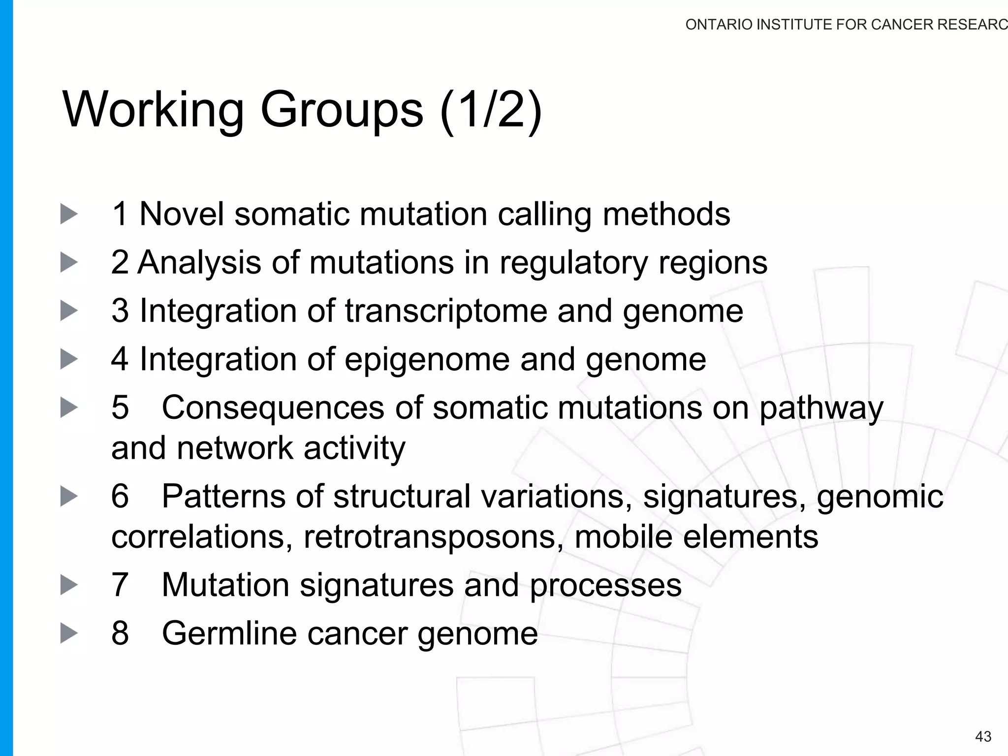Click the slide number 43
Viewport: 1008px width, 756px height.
pyautogui.click(x=983, y=736)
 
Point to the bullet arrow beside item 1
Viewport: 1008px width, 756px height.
pyautogui.click(x=69, y=214)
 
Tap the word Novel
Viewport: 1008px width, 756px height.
pyautogui.click(x=182, y=214)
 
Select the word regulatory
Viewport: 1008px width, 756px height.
pyautogui.click(x=573, y=263)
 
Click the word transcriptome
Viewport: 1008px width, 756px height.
pyautogui.click(x=445, y=311)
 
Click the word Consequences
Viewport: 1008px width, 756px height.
pyautogui.click(x=273, y=408)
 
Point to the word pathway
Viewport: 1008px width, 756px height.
pyautogui.click(x=821, y=409)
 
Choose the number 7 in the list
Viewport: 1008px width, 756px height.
pyautogui.click(x=120, y=585)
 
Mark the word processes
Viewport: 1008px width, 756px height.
pyautogui.click(x=605, y=586)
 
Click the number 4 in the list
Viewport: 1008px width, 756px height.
pyautogui.click(x=120, y=359)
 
